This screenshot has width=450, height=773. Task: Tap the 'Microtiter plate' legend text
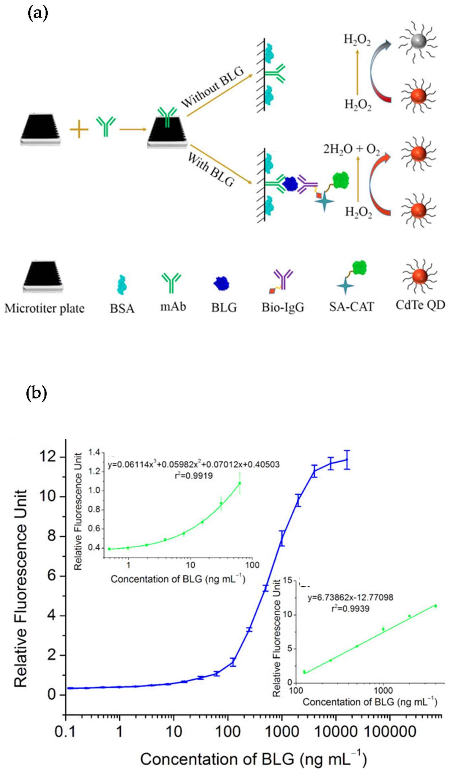pos(44,308)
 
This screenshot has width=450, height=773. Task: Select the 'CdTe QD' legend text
pos(420,305)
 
